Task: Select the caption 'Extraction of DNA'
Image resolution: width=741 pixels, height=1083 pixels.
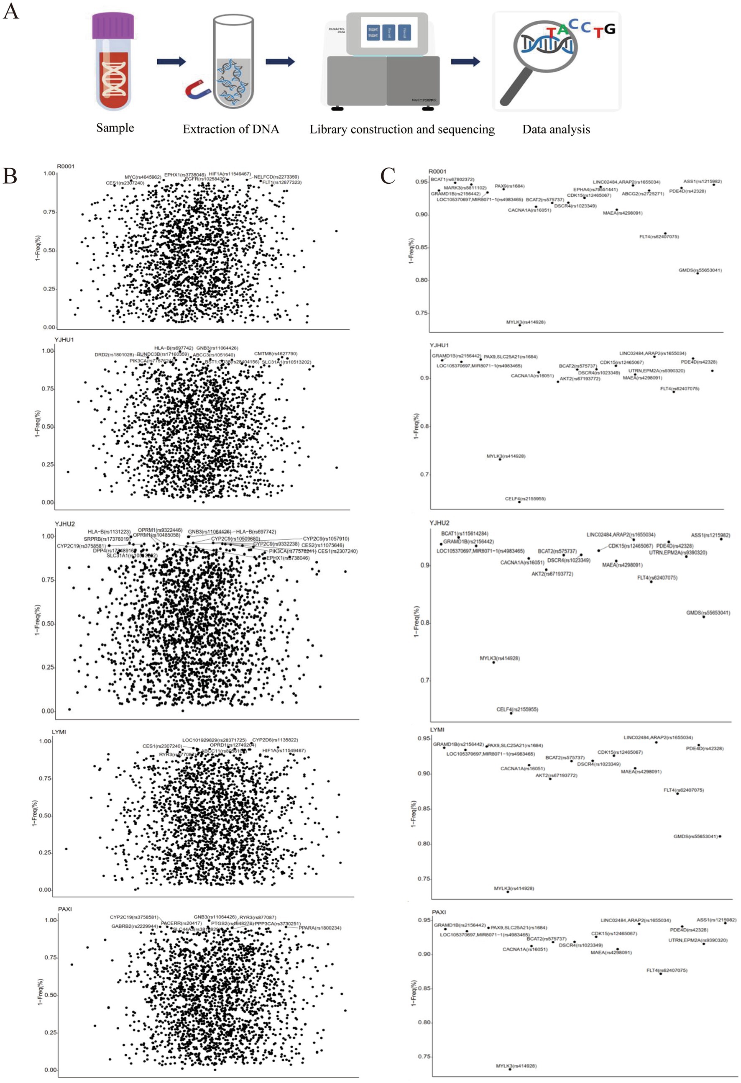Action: pos(230,129)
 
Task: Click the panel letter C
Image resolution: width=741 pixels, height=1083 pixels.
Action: pos(388,176)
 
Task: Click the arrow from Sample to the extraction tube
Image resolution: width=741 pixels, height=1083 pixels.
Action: pos(171,62)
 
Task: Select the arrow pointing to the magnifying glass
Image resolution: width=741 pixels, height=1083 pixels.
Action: pos(465,62)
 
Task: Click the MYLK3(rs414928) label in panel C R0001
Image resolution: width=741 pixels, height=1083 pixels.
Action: pos(525,322)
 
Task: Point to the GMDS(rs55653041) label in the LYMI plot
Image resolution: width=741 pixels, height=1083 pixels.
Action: pos(695,836)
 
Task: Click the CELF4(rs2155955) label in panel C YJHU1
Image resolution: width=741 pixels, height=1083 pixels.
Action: pos(525,499)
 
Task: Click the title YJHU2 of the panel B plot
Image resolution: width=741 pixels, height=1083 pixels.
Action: pos(65,524)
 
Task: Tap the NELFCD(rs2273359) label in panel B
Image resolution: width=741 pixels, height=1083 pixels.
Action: pos(276,177)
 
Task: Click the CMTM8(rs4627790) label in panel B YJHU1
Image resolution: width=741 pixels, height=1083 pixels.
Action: pos(275,354)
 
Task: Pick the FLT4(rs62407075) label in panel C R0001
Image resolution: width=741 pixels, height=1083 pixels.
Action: pos(659,236)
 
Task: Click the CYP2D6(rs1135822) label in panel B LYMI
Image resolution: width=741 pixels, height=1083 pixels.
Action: pos(275,739)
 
